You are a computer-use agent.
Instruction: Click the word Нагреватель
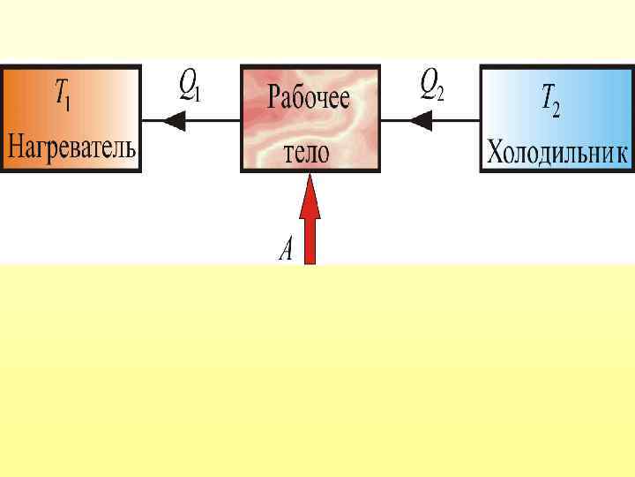click(x=71, y=148)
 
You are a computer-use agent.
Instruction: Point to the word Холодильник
click(x=557, y=152)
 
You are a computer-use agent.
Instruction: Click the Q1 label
click(x=189, y=86)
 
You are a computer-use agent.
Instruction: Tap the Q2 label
click(x=431, y=86)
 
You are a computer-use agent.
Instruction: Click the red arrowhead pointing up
click(x=310, y=196)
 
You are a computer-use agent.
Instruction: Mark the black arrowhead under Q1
click(x=175, y=122)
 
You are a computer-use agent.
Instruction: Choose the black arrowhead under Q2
click(x=422, y=122)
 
